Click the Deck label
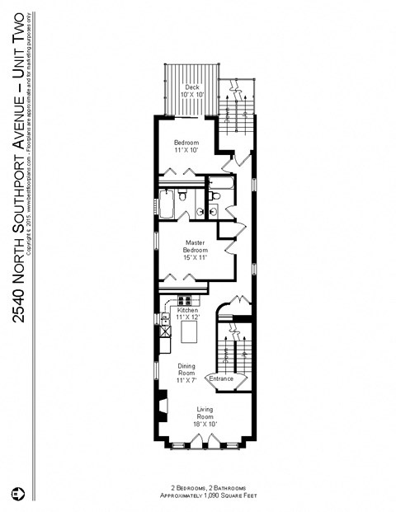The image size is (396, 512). coord(192,87)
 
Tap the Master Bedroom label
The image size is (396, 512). coord(195,246)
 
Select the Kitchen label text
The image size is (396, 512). coord(188,310)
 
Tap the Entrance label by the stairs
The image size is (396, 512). coord(221,378)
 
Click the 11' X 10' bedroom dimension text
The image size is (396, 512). coord(186,151)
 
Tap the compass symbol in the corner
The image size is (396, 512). coord(16,493)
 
